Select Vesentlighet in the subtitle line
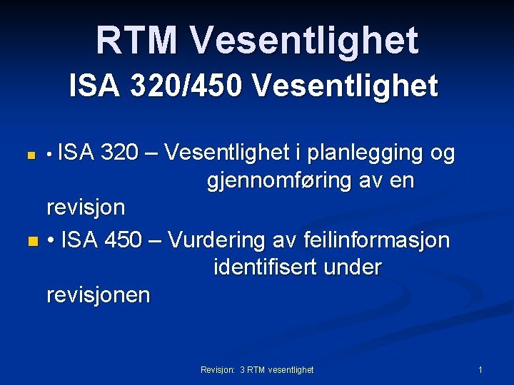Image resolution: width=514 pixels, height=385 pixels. pos(345,87)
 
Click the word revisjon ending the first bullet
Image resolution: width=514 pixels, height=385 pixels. pos(86,208)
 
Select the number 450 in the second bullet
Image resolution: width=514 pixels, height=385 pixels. pos(122,240)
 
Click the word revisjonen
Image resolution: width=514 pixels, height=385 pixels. pos(99,295)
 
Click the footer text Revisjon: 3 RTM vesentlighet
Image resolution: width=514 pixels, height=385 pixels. pos(257,369)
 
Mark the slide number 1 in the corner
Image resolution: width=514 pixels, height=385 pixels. pos(480,369)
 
